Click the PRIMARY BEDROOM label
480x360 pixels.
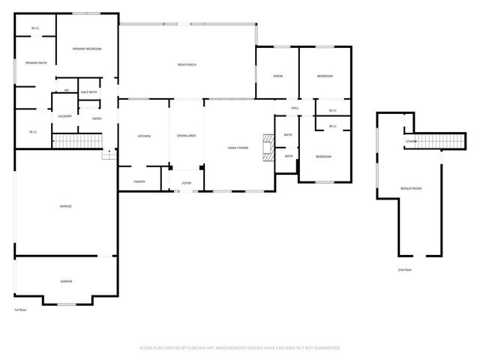pyautogui.click(x=87, y=49)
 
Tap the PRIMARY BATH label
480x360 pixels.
pyautogui.click(x=36, y=63)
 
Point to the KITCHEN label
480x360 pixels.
pyautogui.click(x=144, y=136)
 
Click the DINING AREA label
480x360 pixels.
pyautogui.click(x=187, y=136)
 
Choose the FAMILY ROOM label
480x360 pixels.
pyautogui.click(x=238, y=148)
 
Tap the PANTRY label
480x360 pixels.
pyautogui.click(x=139, y=181)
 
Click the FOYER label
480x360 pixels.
pyautogui.click(x=186, y=181)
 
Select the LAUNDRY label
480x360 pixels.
pyautogui.click(x=64, y=116)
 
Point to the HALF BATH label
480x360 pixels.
pyautogui.click(x=88, y=92)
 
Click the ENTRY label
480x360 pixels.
pyautogui.click(x=97, y=118)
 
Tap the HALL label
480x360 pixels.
pyautogui.click(x=295, y=107)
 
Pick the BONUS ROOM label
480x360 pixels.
pyautogui.click(x=412, y=188)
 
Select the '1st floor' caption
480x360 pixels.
pyautogui.click(x=20, y=309)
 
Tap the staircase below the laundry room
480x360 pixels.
pyautogui.click(x=76, y=141)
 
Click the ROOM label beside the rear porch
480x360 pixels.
pyautogui.click(x=277, y=76)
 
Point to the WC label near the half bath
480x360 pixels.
pyautogui.click(x=67, y=91)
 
